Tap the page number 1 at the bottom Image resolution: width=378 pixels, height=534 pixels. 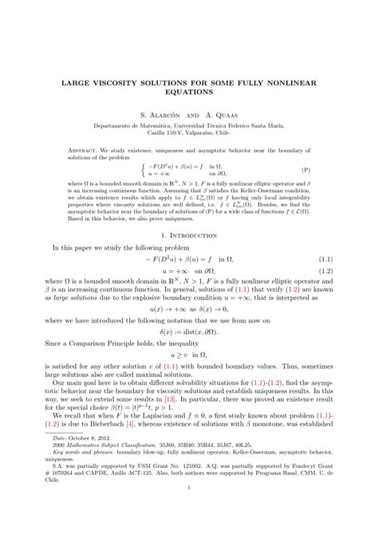click(x=189, y=512)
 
